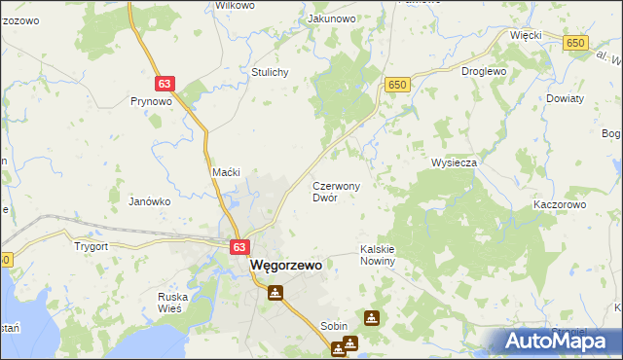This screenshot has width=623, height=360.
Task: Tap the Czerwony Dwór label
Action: pyautogui.click(x=336, y=191)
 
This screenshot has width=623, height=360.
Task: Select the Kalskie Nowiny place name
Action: pyautogui.click(x=377, y=255)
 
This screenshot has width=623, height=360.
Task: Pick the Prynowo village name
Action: pyautogui.click(x=151, y=100)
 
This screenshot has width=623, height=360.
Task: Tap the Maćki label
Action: pyautogui.click(x=226, y=172)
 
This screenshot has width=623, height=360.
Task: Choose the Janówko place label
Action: pyautogui.click(x=150, y=201)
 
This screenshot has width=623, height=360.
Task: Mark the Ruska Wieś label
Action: pyautogui.click(x=177, y=303)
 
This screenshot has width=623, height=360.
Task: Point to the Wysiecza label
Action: pyautogui.click(x=454, y=162)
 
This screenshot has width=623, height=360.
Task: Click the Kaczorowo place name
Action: pyautogui.click(x=559, y=205)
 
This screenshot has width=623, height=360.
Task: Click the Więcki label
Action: pyautogui.click(x=525, y=34)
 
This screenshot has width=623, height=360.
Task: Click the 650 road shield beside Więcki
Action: pyautogui.click(x=575, y=43)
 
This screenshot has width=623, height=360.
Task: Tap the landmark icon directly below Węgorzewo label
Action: pyautogui.click(x=276, y=291)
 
